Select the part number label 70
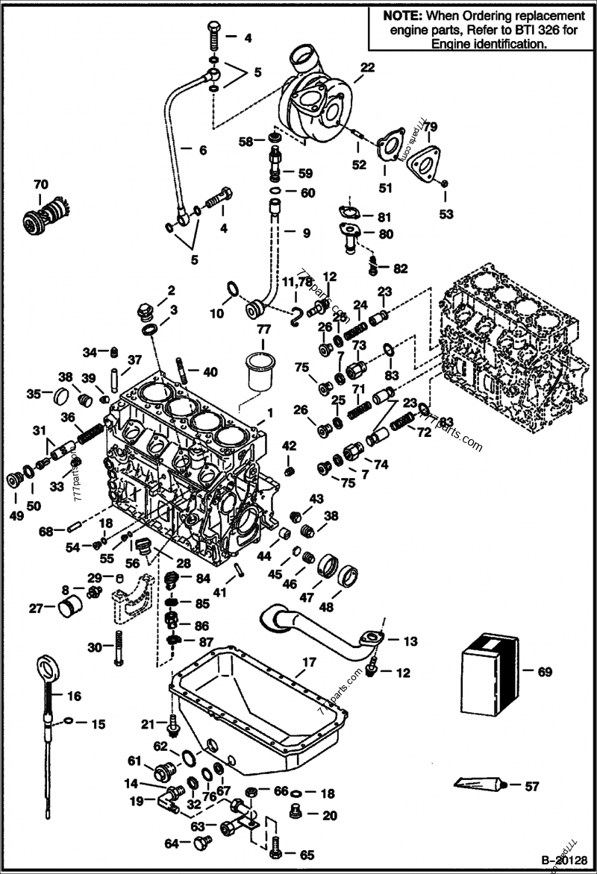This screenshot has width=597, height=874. [40, 183]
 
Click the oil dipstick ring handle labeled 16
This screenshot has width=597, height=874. [47, 666]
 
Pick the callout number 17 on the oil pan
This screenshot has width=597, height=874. [309, 661]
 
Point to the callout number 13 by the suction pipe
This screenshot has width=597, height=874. [411, 641]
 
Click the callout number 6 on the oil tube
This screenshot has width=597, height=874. [202, 149]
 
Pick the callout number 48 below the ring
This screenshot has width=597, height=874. [326, 607]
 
